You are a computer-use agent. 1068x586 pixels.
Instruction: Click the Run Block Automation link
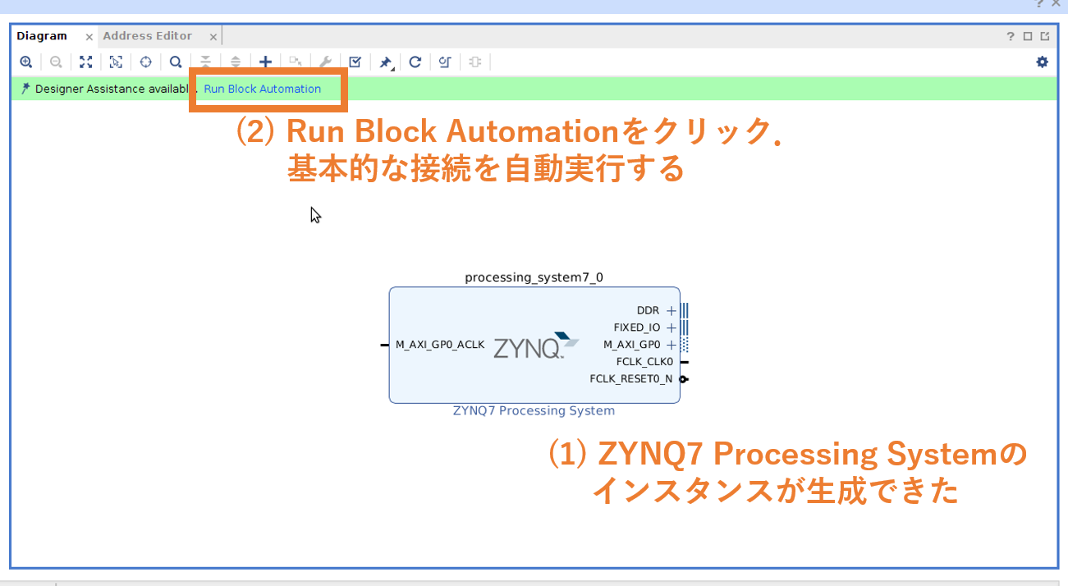click(262, 89)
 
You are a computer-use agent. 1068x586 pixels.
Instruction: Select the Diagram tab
click(42, 36)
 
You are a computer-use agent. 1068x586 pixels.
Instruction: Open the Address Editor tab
click(148, 36)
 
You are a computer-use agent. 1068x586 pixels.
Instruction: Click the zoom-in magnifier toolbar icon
click(26, 62)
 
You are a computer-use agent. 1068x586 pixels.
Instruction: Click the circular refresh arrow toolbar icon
click(415, 62)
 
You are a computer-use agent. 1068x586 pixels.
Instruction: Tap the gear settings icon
click(1043, 62)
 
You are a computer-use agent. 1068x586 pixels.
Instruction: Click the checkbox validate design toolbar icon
click(355, 62)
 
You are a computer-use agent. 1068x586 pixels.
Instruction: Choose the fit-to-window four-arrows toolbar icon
click(85, 62)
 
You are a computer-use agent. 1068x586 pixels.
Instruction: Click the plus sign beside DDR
click(672, 310)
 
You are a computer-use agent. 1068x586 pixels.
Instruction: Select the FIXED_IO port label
click(636, 327)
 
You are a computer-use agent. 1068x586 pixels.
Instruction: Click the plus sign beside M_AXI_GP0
click(672, 345)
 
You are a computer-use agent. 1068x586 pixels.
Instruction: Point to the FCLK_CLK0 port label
click(644, 361)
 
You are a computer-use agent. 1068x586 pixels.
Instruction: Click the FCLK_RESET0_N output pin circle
click(683, 378)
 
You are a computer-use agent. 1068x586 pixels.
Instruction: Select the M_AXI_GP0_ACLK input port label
click(440, 345)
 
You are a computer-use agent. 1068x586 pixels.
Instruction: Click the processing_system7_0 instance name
click(534, 277)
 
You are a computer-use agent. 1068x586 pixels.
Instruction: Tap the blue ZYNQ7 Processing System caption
click(534, 410)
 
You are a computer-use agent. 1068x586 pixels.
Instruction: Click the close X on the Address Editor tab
click(213, 37)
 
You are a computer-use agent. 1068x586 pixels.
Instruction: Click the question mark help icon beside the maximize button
click(1011, 37)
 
